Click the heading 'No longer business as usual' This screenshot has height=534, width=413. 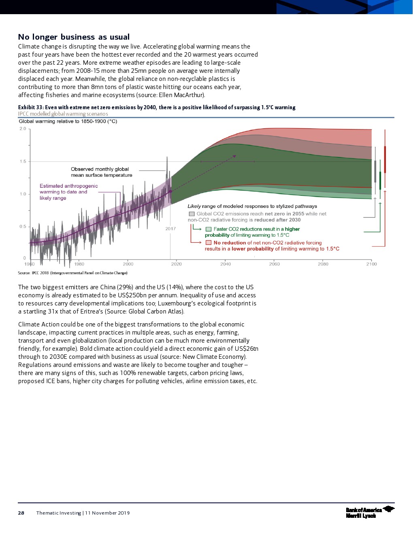tap(74, 37)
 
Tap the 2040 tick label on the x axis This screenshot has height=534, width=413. tap(226, 264)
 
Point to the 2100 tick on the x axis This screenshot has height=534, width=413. tap(371, 264)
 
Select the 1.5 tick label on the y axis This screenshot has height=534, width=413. tap(23, 161)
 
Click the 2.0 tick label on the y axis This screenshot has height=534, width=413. tap(23, 129)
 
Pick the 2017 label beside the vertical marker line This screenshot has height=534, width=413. tap(170, 229)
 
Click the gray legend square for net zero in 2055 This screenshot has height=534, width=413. tap(192, 214)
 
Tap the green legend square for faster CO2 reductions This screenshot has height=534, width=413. tap(209, 229)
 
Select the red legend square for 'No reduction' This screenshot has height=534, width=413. tap(209, 243)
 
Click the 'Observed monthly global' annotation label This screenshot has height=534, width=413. tap(100, 169)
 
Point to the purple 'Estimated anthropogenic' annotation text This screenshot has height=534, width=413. tap(68, 186)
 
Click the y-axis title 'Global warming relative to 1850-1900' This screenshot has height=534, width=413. tap(68, 121)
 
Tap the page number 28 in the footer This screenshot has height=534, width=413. tap(21, 513)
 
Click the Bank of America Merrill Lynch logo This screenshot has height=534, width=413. tap(369, 512)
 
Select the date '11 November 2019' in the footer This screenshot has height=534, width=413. tap(107, 513)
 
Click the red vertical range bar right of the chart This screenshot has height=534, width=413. tap(385, 159)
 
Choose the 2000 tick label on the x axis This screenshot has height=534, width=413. tap(128, 264)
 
